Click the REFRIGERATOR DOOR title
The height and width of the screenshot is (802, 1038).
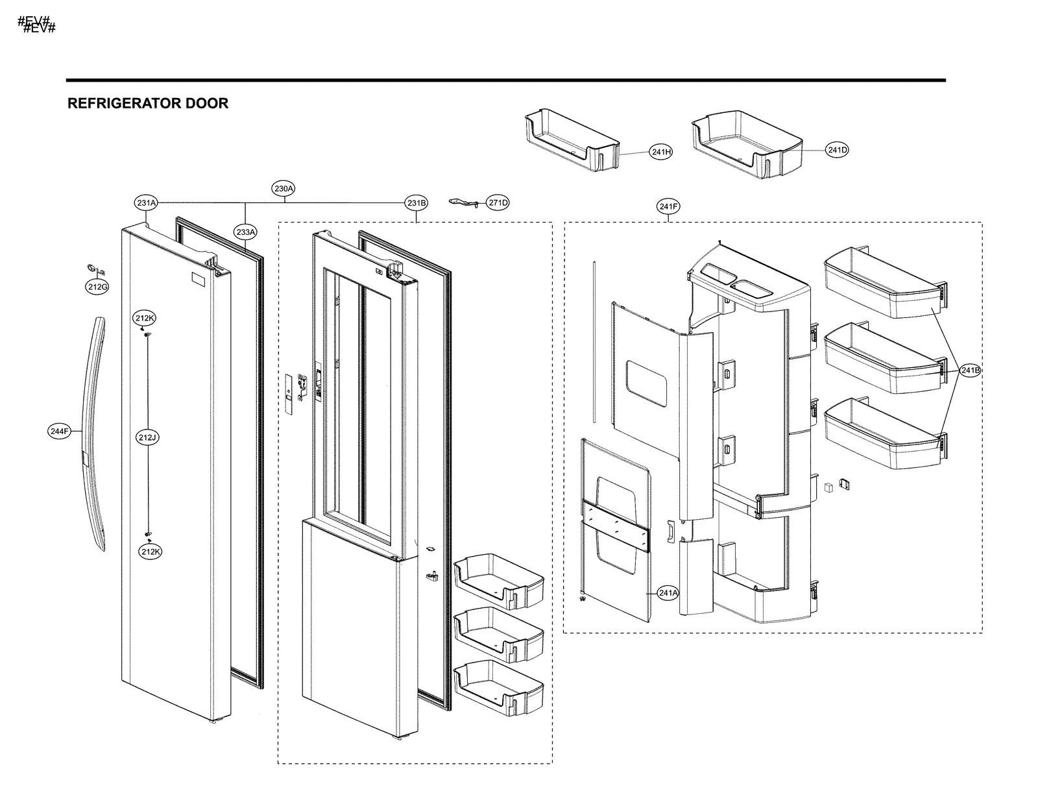[148, 104]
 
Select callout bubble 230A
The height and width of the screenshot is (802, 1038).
[284, 189]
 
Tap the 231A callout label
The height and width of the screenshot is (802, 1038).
[147, 203]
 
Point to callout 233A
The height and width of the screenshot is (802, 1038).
[246, 232]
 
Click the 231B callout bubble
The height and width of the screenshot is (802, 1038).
[416, 203]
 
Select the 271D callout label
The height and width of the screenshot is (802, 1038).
[498, 203]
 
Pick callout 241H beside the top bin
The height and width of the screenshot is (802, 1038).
[660, 152]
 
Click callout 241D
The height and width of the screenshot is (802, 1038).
[837, 151]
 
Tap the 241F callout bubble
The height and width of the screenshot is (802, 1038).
[668, 207]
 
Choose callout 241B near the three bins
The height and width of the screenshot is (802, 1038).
[971, 371]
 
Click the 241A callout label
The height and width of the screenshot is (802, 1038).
[668, 592]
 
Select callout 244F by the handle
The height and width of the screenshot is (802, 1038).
[59, 431]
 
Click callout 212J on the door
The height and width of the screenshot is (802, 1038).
[147, 438]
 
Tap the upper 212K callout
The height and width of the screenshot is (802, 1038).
[145, 319]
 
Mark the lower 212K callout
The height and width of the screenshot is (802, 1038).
[150, 552]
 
